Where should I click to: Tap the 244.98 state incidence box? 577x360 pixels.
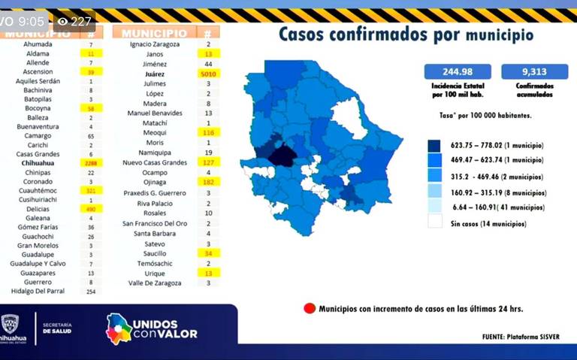coord(458,71)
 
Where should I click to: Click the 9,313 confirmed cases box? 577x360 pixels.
coord(538,71)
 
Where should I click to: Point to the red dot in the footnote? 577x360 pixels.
coord(309,308)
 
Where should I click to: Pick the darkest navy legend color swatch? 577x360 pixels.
coord(434,146)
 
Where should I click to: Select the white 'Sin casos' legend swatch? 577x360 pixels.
coord(434,222)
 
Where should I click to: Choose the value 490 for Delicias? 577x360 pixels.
coord(91,209)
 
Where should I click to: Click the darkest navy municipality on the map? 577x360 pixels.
coord(282,154)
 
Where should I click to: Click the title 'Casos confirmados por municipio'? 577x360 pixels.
coord(406,35)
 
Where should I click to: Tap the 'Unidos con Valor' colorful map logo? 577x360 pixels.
coord(118,328)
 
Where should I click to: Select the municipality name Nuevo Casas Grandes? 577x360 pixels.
coord(154,162)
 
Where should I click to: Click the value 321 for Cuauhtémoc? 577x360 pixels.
coord(91,191)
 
